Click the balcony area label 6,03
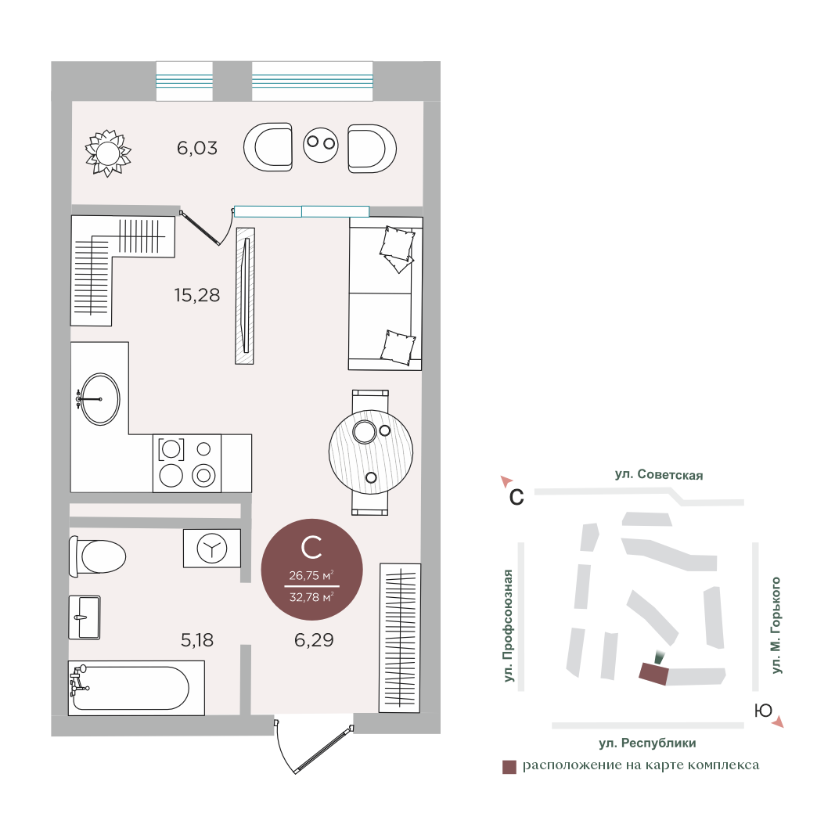(x=197, y=148)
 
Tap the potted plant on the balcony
(x=108, y=153)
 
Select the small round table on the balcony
(x=321, y=144)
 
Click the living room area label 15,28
(x=197, y=295)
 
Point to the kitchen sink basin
(x=100, y=399)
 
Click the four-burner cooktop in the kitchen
(x=187, y=463)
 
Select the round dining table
(x=371, y=452)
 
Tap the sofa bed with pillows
(x=385, y=293)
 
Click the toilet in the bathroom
(x=98, y=556)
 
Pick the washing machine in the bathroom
(x=212, y=548)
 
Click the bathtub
(x=136, y=688)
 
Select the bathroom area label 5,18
(x=197, y=639)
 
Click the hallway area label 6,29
(x=314, y=639)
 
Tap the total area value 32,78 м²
(x=311, y=597)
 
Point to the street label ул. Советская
(x=659, y=474)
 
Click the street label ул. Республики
(x=647, y=743)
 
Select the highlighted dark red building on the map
(x=653, y=674)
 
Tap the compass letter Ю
(x=763, y=711)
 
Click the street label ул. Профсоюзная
(x=509, y=626)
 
